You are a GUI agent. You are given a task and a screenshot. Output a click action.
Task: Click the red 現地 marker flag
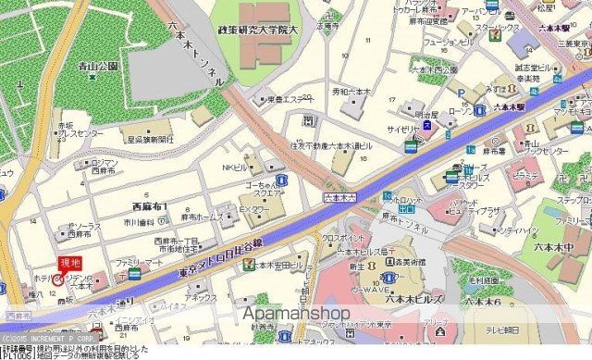click(x=69, y=263)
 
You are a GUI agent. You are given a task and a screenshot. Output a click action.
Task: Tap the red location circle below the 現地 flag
click(x=58, y=279)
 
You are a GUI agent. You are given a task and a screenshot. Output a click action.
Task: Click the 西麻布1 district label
click(x=151, y=205)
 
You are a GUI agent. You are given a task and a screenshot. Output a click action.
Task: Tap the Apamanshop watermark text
click(x=297, y=314)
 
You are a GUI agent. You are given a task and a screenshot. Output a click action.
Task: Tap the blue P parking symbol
click(x=461, y=93)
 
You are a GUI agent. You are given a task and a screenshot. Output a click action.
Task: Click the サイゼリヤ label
click(x=403, y=130)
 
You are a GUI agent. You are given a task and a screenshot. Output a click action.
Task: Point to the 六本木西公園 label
click(x=435, y=69)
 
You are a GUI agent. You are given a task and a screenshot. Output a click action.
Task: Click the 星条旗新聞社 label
click(x=150, y=139)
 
